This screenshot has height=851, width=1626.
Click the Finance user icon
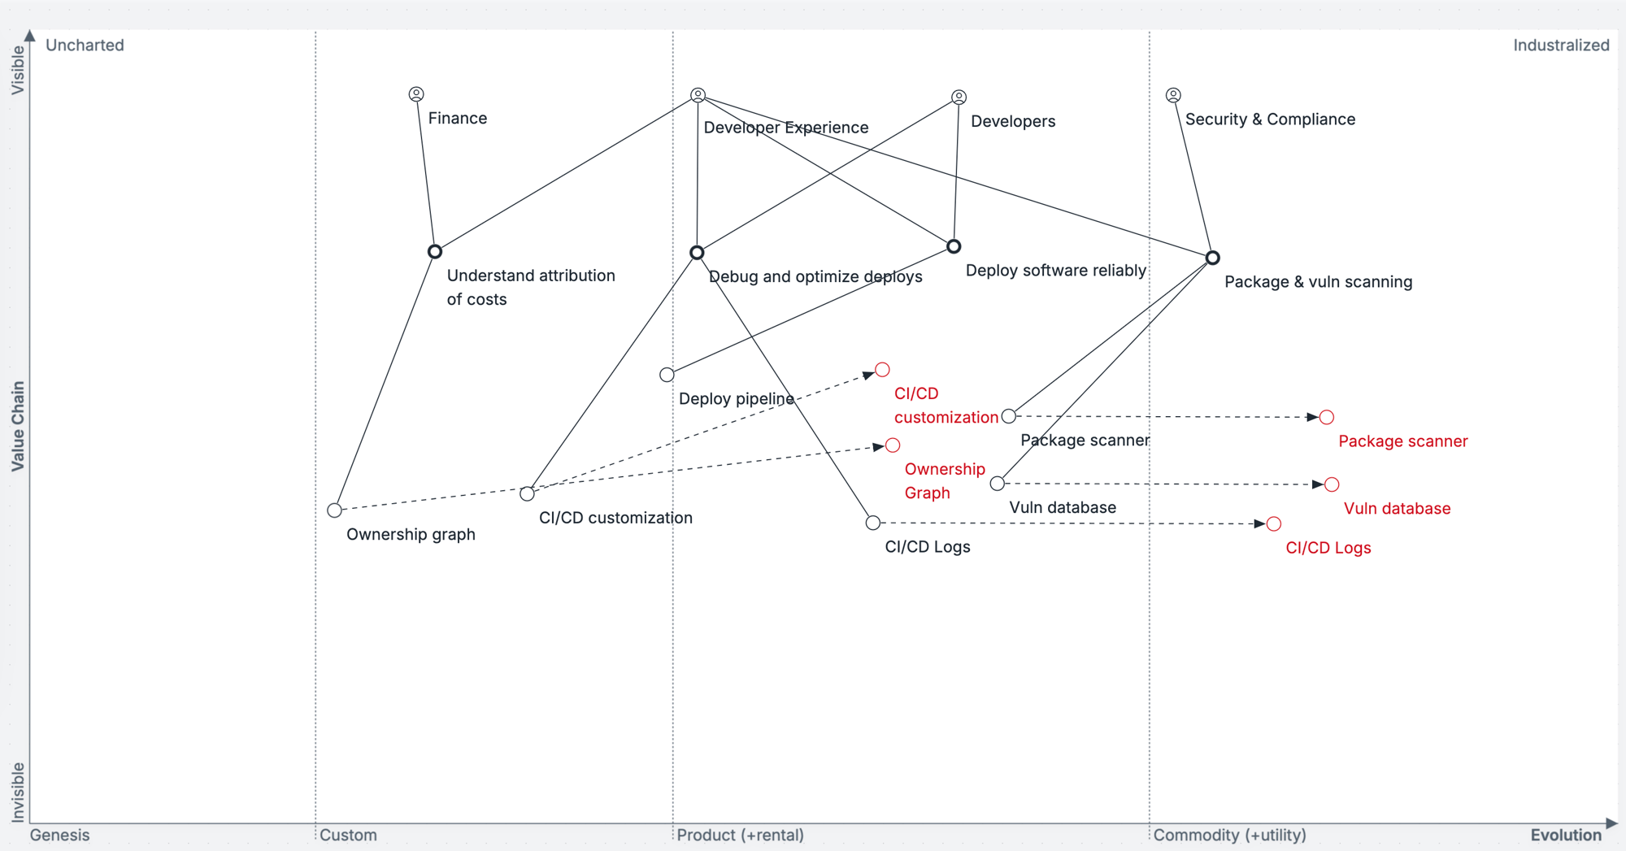(416, 94)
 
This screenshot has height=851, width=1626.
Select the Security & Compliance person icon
(1173, 95)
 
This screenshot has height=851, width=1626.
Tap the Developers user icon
(959, 98)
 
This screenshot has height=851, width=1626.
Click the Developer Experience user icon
(698, 95)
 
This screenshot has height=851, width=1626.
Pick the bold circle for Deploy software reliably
(954, 246)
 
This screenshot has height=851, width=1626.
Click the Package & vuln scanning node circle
(1212, 258)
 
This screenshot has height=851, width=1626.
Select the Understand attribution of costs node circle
(435, 252)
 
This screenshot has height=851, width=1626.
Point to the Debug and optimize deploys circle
(697, 253)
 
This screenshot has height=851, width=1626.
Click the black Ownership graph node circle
(334, 510)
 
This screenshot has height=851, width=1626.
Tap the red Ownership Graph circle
(893, 445)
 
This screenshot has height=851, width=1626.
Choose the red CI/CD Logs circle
(1274, 524)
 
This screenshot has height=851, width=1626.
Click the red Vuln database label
(1397, 509)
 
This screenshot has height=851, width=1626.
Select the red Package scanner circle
(1327, 418)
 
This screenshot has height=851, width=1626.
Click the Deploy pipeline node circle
(667, 375)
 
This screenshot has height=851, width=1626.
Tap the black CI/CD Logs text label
(927, 547)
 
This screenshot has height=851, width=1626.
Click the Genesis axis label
(59, 835)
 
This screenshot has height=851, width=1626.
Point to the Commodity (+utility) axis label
(1229, 835)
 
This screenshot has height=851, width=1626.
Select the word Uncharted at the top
(85, 46)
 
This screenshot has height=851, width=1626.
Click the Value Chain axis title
(18, 426)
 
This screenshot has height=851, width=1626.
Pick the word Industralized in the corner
(1560, 46)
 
